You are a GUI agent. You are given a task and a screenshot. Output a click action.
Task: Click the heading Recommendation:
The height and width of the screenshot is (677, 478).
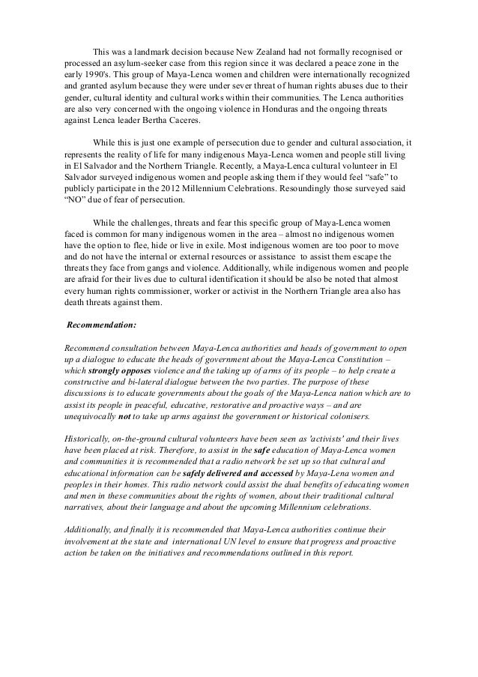coord(97,326)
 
